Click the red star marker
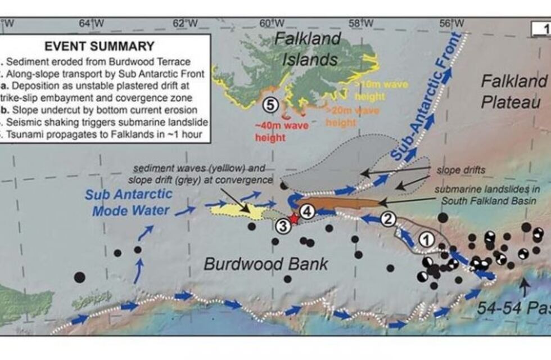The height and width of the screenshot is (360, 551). coord(292,219)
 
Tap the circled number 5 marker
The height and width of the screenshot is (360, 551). coord(271,105)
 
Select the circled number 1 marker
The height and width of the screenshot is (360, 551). coord(427,239)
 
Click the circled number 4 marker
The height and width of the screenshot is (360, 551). coord(306,211)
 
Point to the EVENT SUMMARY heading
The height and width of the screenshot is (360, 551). coord(100,46)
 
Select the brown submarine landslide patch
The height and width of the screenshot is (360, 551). coord(337,203)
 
